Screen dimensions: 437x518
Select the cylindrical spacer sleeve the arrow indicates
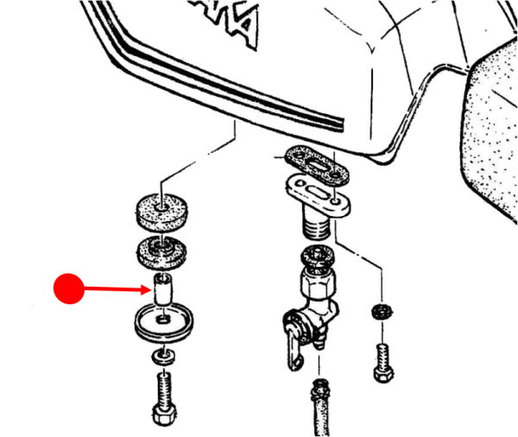pyautogui.click(x=162, y=289)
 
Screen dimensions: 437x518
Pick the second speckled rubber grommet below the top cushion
pyautogui.click(x=162, y=250)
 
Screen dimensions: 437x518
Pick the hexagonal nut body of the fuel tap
pyautogui.click(x=315, y=285)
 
